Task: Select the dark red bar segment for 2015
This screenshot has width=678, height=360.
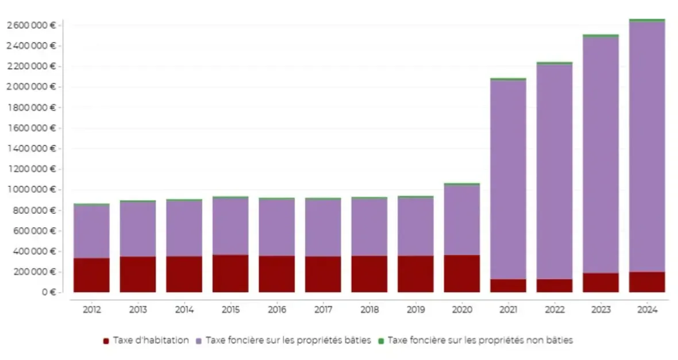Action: pos(230,273)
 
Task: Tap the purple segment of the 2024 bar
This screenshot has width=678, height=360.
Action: pos(647,146)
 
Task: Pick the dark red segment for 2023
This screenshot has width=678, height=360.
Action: pos(601,282)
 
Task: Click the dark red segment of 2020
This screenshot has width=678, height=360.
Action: pos(462,273)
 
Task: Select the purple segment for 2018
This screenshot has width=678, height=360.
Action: pos(369,227)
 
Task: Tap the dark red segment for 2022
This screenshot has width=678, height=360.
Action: pos(554,285)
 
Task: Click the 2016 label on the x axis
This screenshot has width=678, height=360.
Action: pos(276,310)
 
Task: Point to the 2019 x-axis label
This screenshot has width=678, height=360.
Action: pos(415,310)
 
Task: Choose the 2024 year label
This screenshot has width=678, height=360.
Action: pos(647,310)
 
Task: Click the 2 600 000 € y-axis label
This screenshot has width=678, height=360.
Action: pos(31,25)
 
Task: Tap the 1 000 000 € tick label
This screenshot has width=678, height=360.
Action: pos(31,189)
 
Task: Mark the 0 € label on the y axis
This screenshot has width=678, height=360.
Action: pos(48,292)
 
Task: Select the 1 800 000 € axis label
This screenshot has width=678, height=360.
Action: pos(31,107)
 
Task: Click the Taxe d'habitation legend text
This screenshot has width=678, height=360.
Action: pos(151,340)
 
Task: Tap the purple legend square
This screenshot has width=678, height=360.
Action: pos(199,340)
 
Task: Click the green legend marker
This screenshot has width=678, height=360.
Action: pos(381,340)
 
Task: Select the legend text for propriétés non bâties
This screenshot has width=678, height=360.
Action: pos(480,340)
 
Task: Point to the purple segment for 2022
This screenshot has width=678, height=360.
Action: pos(554,172)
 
